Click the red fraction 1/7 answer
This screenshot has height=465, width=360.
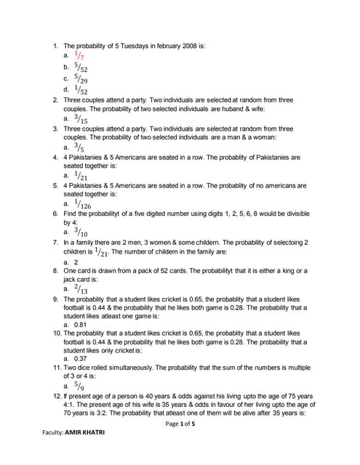click(x=79, y=56)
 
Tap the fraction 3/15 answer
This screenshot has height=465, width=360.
click(x=81, y=118)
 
